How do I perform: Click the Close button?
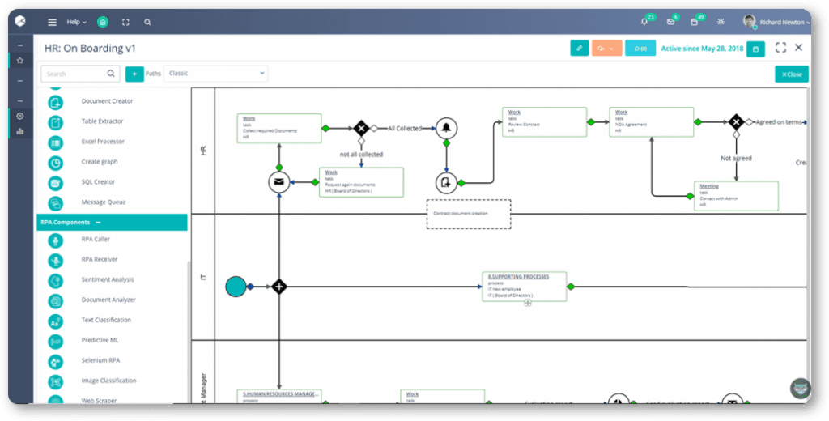pyautogui.click(x=791, y=74)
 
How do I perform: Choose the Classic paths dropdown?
pyautogui.click(x=215, y=74)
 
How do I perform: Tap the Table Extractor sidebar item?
pyautogui.click(x=102, y=121)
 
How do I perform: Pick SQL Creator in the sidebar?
pyautogui.click(x=98, y=182)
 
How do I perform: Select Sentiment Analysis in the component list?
pyautogui.click(x=108, y=279)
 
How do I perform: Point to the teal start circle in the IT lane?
pyautogui.click(x=236, y=286)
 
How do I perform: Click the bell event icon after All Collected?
pyautogui.click(x=445, y=128)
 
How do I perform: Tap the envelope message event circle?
pyautogui.click(x=278, y=182)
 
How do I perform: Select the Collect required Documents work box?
pyautogui.click(x=278, y=128)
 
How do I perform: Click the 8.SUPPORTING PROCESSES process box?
pyautogui.click(x=524, y=287)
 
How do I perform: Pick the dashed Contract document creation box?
pyautogui.click(x=469, y=214)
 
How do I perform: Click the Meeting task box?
pyautogui.click(x=735, y=196)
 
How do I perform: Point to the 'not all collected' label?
pyautogui.click(x=361, y=154)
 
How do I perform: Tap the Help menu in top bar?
pyautogui.click(x=76, y=22)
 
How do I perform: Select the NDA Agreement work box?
pyautogui.click(x=651, y=121)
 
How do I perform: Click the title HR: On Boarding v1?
pyautogui.click(x=90, y=49)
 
